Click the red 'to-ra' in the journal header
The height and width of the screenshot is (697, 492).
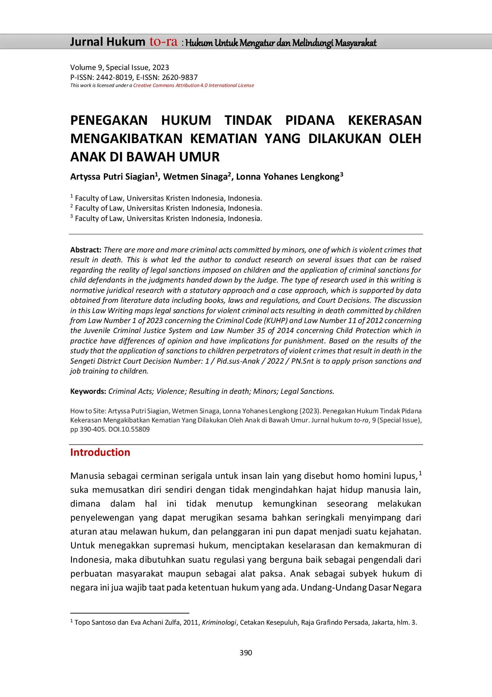pos(163,42)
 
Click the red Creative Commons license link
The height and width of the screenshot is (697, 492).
pos(194,85)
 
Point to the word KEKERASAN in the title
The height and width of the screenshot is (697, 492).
pos(384,120)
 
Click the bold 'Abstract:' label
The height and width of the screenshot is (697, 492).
pos(86,250)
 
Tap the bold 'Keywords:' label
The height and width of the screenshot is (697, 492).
pos(88,391)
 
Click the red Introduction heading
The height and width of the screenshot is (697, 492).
pos(100,452)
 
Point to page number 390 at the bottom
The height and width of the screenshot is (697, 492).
pos(246,653)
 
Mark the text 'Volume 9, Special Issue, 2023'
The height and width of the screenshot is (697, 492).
pos(119,68)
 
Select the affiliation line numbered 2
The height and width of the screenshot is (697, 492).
pos(167,208)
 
